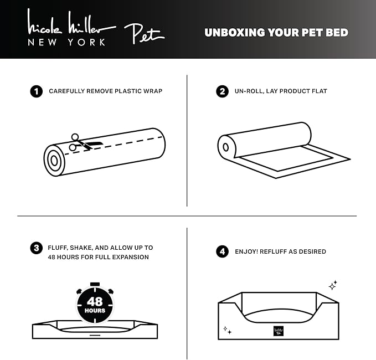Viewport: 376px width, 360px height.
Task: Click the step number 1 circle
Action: tap(37, 91)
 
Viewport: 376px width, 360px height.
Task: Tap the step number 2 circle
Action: tap(223, 91)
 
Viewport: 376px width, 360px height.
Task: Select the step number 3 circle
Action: tap(37, 248)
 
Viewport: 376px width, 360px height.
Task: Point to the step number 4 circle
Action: tap(223, 251)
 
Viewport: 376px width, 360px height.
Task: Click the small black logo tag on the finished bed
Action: tap(278, 331)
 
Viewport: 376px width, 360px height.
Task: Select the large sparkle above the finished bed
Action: tap(332, 286)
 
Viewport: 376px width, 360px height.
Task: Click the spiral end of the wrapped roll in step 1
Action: tap(54, 161)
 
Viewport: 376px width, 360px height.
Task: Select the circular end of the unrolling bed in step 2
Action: tap(225, 148)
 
